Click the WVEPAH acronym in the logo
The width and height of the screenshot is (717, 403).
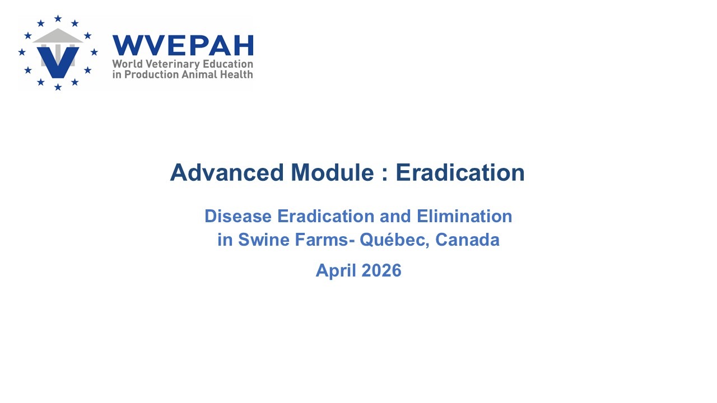point(183,45)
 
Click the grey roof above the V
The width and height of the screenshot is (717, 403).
point(58,35)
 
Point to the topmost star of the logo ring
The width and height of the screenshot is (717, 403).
point(58,18)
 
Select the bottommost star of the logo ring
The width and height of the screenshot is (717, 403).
point(58,87)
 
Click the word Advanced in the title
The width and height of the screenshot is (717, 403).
point(227,172)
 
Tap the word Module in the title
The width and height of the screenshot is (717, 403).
point(333,172)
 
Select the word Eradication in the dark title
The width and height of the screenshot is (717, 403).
point(460,172)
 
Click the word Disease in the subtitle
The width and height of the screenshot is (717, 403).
point(238,216)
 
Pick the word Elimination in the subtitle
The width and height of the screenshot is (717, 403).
point(464,216)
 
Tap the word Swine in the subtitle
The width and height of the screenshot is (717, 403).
point(264,240)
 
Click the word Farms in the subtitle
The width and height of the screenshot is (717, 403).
point(322,240)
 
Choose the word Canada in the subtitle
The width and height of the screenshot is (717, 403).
point(467,240)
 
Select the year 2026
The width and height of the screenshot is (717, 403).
point(381,270)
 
